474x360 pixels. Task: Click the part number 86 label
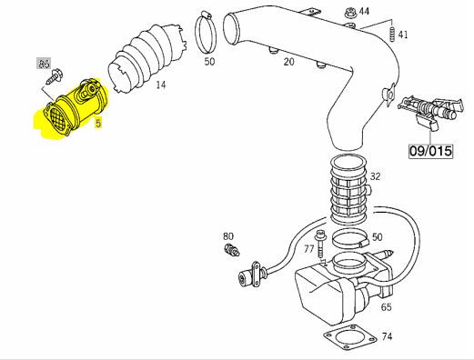coord(45,64)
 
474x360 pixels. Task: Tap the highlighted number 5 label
coord(98,123)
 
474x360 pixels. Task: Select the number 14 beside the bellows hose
coord(161,85)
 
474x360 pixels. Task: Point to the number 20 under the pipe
coord(288,62)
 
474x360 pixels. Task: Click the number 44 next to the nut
coord(364,11)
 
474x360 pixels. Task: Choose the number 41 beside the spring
coord(403,35)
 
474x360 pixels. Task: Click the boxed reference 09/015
coord(430,151)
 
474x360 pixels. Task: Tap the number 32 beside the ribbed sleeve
coord(375,176)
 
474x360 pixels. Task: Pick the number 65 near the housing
coord(386,307)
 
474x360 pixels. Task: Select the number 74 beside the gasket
coord(387,336)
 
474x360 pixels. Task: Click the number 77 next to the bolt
coord(308,249)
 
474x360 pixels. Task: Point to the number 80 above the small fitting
coord(228,236)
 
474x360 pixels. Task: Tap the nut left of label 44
coord(350,13)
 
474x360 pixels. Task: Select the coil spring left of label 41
coord(392,34)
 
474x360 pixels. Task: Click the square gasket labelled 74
coord(348,336)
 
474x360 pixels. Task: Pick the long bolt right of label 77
coord(319,244)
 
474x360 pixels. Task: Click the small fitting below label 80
coord(232,249)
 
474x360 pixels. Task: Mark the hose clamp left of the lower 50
coord(351,238)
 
